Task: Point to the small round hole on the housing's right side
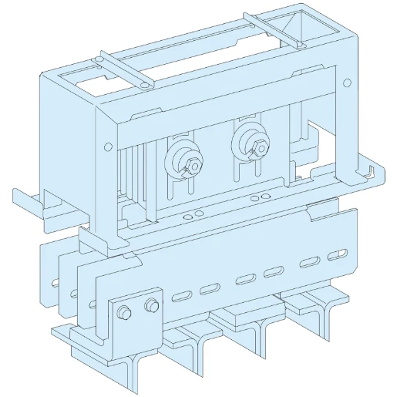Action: pos(346,83)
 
